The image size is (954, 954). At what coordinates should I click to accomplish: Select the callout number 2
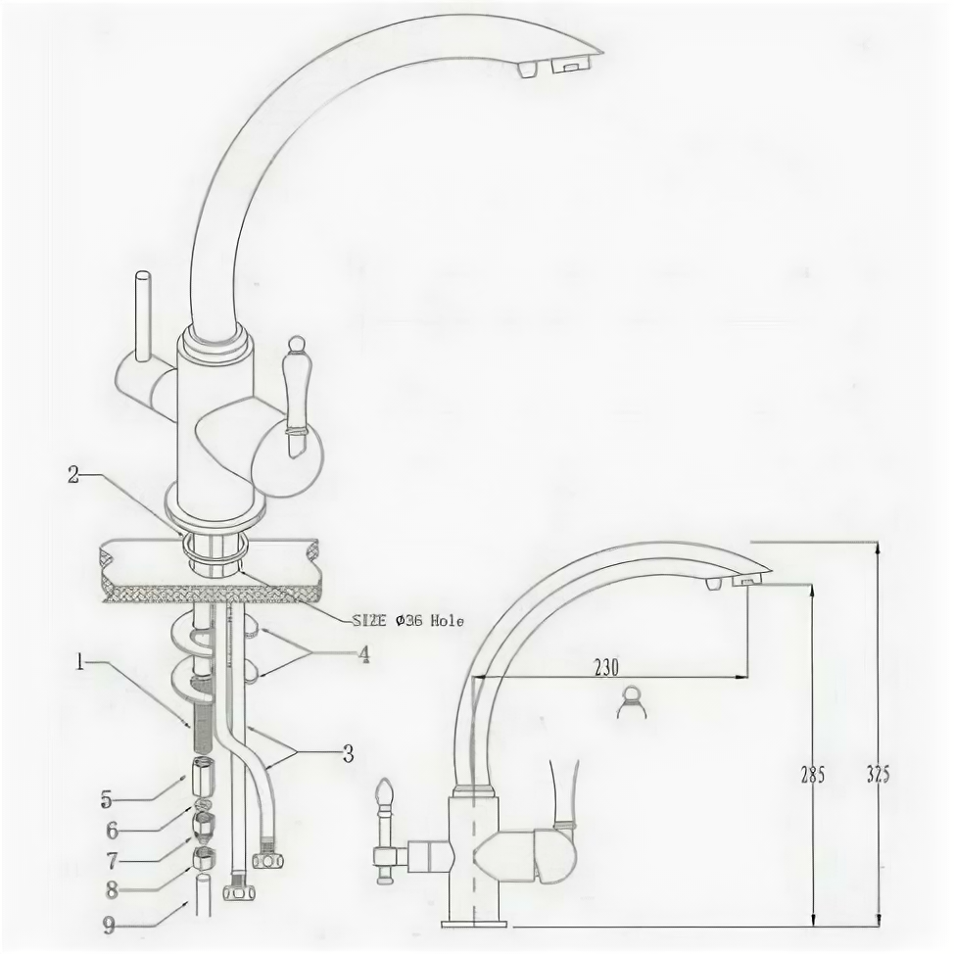[x=72, y=474]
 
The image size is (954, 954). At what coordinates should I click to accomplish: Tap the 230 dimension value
[x=607, y=667]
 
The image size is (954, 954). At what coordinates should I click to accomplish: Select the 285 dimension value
[x=811, y=774]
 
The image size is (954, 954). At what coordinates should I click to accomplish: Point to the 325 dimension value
[x=878, y=774]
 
